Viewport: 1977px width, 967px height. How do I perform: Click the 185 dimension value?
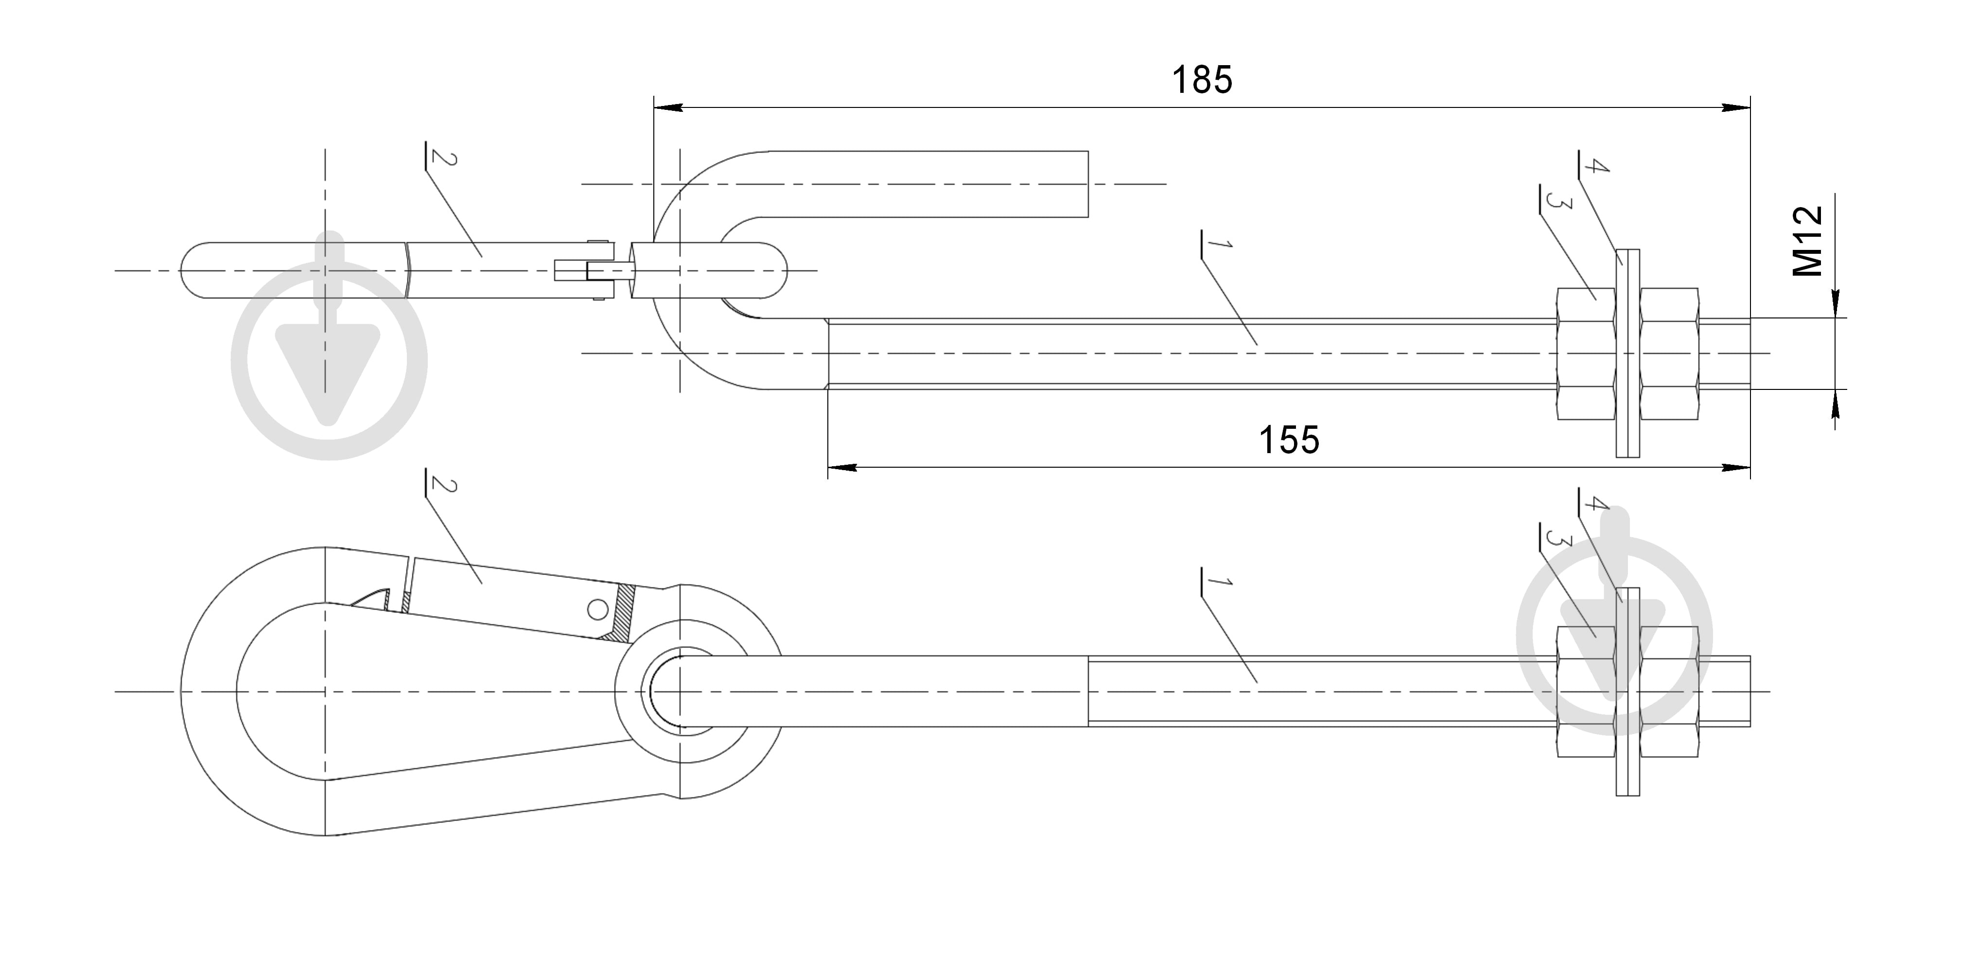click(x=1202, y=80)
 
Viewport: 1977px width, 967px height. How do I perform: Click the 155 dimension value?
click(x=1289, y=440)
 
